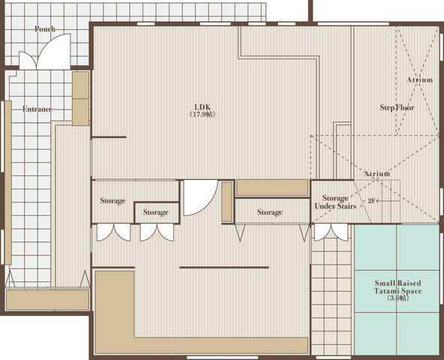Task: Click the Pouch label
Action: tap(45, 29)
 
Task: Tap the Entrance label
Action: tap(37, 109)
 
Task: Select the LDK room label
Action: tap(202, 107)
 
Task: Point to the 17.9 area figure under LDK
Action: tap(202, 115)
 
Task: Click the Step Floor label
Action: tap(397, 108)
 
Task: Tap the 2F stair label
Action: tap(371, 201)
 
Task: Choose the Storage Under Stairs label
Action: tap(335, 202)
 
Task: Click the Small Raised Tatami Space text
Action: tap(397, 287)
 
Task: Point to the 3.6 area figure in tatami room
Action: tap(397, 298)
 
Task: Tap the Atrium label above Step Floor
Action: tap(420, 79)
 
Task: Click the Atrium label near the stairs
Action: tap(377, 174)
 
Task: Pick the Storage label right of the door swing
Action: tap(269, 212)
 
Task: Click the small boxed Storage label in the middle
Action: tap(156, 212)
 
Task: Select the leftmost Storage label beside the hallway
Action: tap(112, 201)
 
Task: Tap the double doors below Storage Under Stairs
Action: tap(331, 232)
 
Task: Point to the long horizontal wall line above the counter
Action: tap(224, 268)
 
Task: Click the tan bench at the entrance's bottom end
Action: tap(47, 300)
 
